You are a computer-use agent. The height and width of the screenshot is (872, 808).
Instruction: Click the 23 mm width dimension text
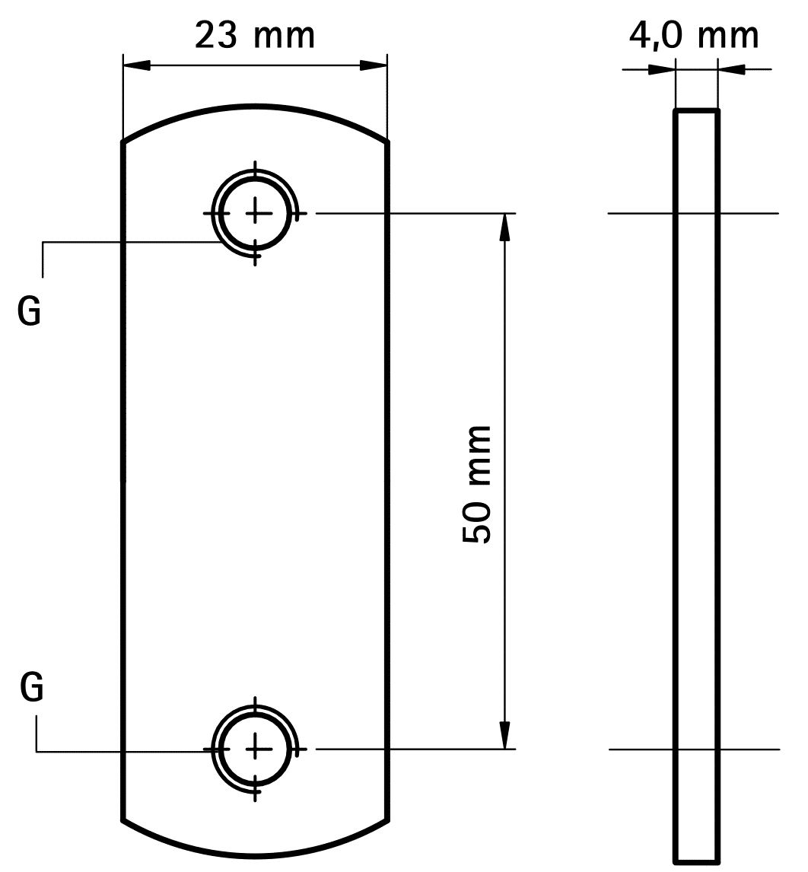pyautogui.click(x=255, y=35)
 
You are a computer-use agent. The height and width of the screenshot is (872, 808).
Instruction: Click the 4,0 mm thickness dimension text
pyautogui.click(x=694, y=35)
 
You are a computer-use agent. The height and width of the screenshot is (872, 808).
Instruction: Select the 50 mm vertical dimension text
pyautogui.click(x=477, y=485)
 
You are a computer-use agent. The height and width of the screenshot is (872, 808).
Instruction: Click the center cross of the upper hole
pyautogui.click(x=256, y=214)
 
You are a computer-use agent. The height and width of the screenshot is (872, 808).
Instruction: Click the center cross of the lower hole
pyautogui.click(x=256, y=749)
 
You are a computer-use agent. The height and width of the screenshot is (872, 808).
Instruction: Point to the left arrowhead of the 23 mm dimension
pyautogui.click(x=137, y=65)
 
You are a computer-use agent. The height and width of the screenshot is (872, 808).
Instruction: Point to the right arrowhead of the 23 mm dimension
pyautogui.click(x=374, y=65)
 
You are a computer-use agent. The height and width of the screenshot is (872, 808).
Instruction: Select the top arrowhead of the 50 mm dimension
pyautogui.click(x=504, y=228)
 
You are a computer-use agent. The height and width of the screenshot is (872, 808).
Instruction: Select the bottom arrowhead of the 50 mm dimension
pyautogui.click(x=504, y=735)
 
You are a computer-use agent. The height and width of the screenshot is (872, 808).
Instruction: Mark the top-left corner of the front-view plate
pyautogui.click(x=123, y=142)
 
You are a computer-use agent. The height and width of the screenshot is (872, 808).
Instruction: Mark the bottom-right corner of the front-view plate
pyautogui.click(x=389, y=820)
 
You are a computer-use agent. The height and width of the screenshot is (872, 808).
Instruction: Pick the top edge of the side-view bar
pyautogui.click(x=696, y=111)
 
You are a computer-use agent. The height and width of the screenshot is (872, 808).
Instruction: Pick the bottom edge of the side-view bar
pyautogui.click(x=696, y=861)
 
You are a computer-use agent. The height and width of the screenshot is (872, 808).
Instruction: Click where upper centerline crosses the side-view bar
pyautogui.click(x=696, y=214)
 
